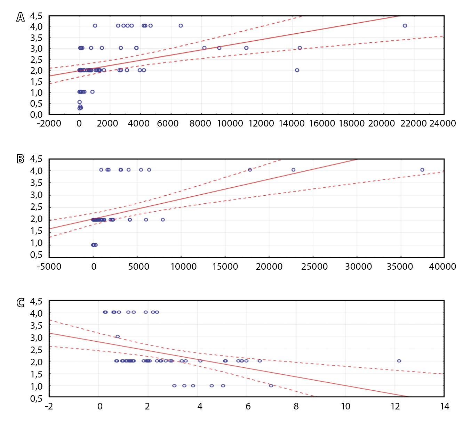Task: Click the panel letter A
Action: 21,17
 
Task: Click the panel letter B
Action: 21,159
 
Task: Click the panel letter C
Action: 21,302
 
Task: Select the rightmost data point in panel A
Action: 405,26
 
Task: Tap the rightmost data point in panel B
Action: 422,170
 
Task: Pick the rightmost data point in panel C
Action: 399,361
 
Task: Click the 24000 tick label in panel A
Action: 442,123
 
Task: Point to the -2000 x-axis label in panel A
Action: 49,123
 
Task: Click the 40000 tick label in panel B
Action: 442,267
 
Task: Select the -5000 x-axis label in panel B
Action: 49,267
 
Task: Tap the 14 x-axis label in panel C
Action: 445,406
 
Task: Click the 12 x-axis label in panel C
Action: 395,406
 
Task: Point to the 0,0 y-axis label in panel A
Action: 36,115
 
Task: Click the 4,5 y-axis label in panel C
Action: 36,301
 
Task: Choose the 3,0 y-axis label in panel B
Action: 36,195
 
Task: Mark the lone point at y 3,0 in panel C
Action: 118,336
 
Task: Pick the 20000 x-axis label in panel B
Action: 269,267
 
